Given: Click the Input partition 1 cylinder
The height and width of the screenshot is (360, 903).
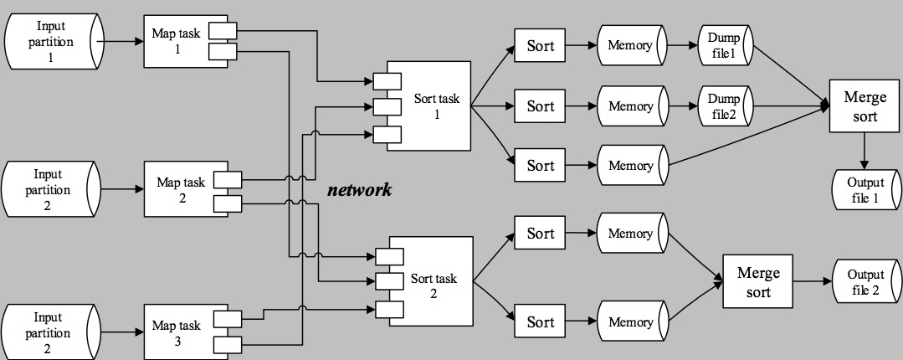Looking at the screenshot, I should [x=54, y=40].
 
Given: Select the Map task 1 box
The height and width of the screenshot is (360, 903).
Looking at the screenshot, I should [x=172, y=39].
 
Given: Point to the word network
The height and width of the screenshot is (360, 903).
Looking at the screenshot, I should [x=359, y=190].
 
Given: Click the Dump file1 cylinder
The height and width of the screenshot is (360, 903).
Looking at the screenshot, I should [x=723, y=45].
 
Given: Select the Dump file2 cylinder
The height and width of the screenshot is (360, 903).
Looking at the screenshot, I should [x=723, y=106].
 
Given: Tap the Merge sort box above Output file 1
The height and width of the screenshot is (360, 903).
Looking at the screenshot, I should [x=859, y=106].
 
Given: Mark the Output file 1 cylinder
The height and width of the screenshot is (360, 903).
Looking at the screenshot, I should [x=864, y=190].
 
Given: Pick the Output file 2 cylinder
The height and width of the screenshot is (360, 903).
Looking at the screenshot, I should [x=865, y=281].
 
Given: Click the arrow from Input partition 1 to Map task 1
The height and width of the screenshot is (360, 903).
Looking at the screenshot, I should [x=122, y=39].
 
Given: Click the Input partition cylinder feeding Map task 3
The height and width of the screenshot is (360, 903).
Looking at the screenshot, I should [x=54, y=332].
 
